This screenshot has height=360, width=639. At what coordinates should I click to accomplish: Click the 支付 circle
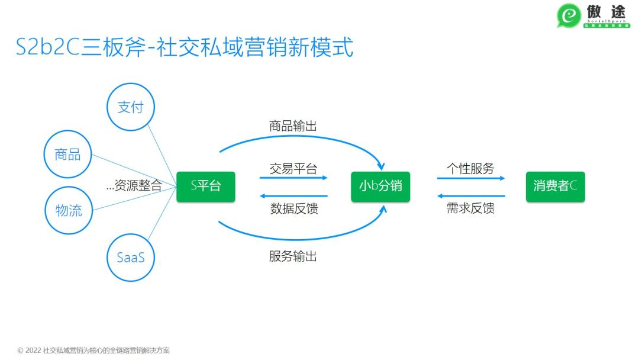(x=130, y=107)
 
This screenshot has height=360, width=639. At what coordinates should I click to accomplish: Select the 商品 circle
(x=68, y=155)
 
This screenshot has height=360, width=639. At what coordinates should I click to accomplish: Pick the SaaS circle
(x=130, y=258)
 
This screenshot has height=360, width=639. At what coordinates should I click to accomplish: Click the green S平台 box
(x=206, y=186)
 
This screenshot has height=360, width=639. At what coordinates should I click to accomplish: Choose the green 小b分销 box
(x=380, y=186)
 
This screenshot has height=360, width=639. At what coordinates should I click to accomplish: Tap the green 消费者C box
(x=555, y=186)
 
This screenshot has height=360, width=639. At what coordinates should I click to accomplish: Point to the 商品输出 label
(x=293, y=126)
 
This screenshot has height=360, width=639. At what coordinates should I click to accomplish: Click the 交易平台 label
(x=293, y=169)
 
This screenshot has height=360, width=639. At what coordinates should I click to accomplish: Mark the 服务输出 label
(x=293, y=256)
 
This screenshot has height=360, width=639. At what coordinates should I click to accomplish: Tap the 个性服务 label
(x=470, y=168)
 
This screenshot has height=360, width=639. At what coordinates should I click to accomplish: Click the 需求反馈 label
(x=470, y=208)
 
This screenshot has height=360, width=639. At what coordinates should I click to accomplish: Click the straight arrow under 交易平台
(x=293, y=178)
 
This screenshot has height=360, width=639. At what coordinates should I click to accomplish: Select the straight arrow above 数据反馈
(x=293, y=195)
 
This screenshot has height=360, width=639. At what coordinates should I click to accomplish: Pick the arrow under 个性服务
(x=471, y=178)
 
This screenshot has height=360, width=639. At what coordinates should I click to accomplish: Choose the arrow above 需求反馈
(x=471, y=195)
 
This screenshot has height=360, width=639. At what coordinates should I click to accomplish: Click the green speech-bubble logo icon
(x=569, y=16)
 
